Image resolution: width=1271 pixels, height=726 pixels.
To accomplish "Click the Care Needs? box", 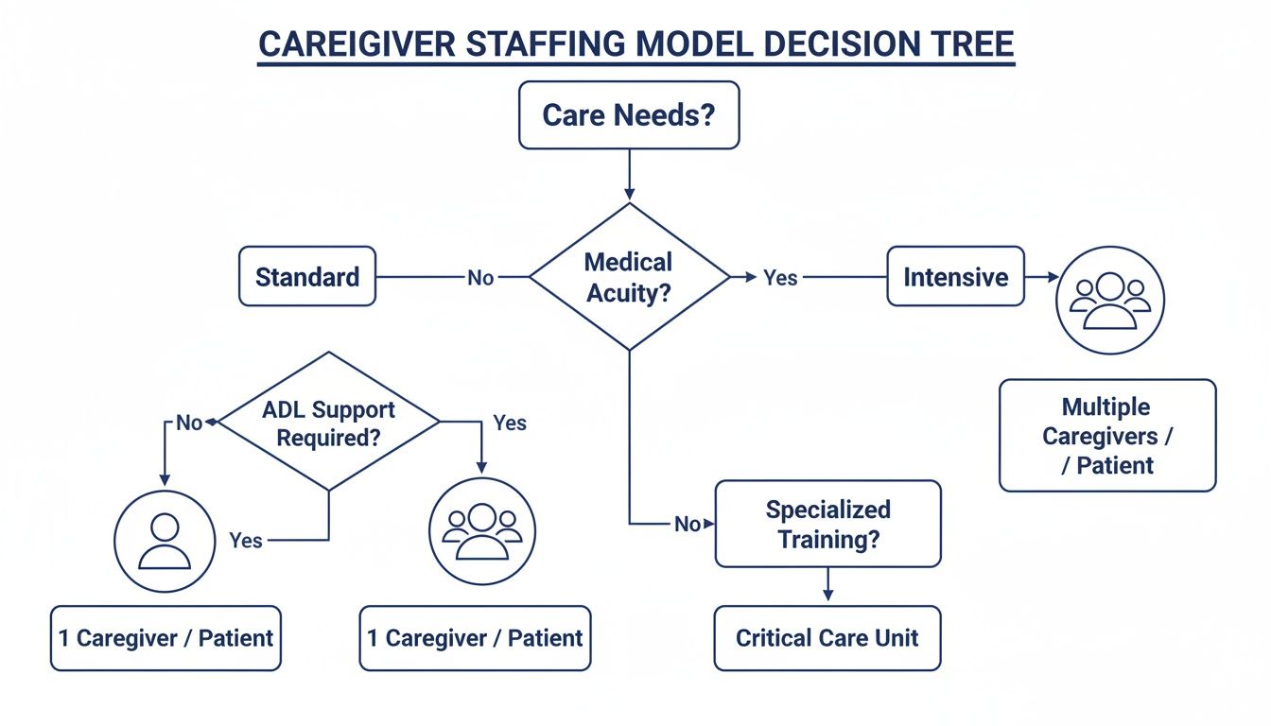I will (628, 115).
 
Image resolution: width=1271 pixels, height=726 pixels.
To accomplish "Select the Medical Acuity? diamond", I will (629, 277).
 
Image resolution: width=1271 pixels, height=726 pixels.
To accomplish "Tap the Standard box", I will (307, 277).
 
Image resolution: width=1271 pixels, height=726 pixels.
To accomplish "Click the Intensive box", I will (955, 277).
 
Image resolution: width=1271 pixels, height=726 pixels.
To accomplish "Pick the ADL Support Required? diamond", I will (329, 423).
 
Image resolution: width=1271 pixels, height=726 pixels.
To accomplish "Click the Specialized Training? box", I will (827, 524).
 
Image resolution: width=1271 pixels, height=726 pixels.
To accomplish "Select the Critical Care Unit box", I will (827, 638).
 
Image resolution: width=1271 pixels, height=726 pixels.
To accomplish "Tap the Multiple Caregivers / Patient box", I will (1107, 436).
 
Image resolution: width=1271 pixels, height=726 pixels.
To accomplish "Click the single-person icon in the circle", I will (165, 541).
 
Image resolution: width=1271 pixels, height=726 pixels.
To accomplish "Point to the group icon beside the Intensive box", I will (1109, 301).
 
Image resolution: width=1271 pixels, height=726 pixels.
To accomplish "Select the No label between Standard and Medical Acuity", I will (480, 278).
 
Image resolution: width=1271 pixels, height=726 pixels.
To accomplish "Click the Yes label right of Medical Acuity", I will (780, 278).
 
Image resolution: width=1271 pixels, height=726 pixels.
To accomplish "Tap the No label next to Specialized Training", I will (688, 524).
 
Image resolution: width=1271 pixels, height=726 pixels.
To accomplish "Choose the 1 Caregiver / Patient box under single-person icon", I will (165, 638).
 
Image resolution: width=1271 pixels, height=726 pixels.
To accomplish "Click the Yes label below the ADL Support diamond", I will (246, 541).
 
